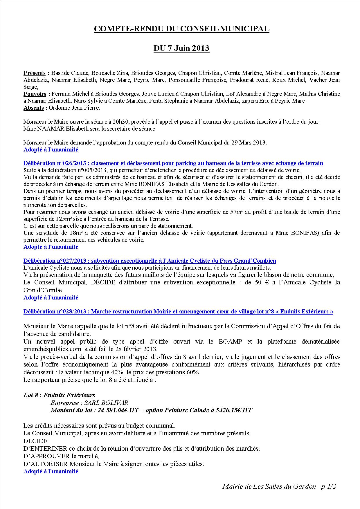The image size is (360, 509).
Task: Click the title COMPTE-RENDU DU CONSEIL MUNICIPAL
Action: coord(182,29)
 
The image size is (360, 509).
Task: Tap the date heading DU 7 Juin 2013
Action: coord(181,48)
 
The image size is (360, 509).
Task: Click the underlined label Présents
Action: coord(35,73)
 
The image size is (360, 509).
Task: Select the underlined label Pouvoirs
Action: coord(35,94)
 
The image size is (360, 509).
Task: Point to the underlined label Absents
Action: coord(34,108)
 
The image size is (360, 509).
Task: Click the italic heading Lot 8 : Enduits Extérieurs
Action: coord(59,395)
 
